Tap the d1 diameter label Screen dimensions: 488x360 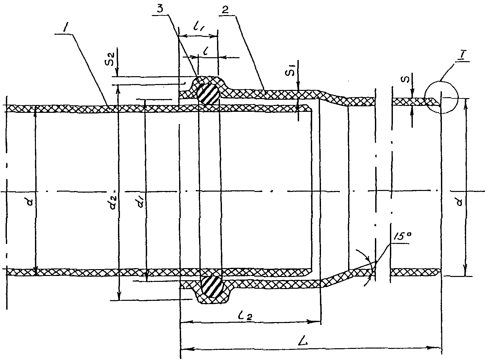point(141,201)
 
